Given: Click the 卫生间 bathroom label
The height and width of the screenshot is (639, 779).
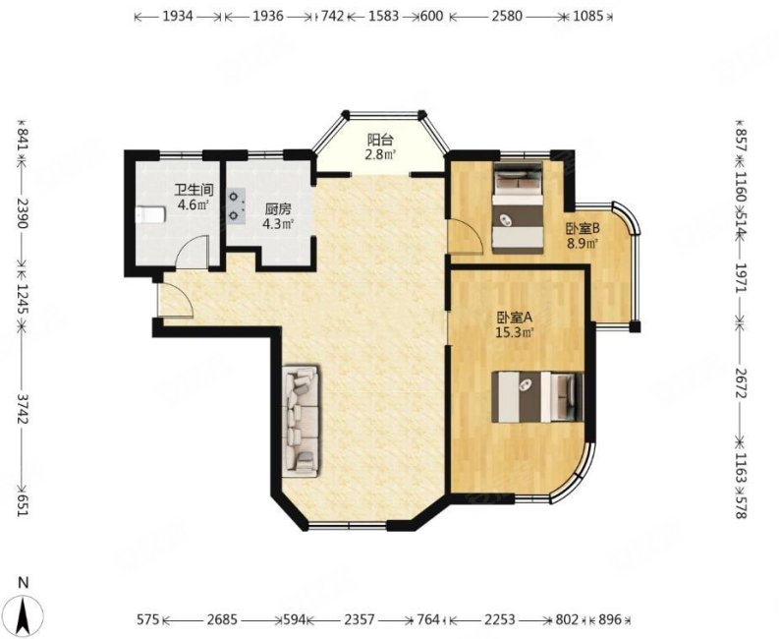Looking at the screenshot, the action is coord(194,190).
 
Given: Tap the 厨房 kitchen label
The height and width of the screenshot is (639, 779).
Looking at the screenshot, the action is coord(278,208).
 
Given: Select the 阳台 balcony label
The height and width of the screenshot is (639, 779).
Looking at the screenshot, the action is coord(380,140).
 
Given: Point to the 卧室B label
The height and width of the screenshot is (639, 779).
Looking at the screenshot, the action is coord(584,228).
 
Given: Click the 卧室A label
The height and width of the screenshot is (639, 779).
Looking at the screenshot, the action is coord(515,317).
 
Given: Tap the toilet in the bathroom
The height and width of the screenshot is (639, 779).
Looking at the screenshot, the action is coord(150,215).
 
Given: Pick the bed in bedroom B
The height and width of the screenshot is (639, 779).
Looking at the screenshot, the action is coord(517,207).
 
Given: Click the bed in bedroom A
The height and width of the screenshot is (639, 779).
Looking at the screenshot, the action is coord(537,397).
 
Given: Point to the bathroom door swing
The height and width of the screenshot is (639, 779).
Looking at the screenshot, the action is coord(192,253).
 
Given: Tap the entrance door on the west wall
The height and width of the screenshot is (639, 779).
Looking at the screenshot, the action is coord(172,300).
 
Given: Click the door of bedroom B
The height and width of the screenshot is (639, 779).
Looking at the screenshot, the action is coord(465,237).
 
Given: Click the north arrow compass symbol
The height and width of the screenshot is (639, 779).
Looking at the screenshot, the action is coord(23,607).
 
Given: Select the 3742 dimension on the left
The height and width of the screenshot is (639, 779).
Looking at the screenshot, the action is coord(22,409).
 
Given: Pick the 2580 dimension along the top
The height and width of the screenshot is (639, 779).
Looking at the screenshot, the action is coord(506,17).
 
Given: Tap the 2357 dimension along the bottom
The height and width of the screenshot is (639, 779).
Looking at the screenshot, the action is coord(360,619).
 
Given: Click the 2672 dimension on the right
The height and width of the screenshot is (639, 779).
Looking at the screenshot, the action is coord(741,382).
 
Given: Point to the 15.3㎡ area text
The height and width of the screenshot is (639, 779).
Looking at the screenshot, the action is coord(515,332).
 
